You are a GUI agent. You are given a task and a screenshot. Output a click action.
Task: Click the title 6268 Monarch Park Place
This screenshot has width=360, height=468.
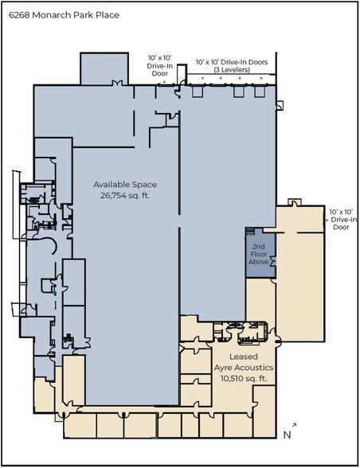pyautogui.click(x=64, y=15)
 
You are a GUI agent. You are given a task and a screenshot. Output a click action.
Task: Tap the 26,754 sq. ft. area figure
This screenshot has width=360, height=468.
pyautogui.click(x=125, y=196)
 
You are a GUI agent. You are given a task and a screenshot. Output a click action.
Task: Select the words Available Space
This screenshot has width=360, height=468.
pyautogui.click(x=125, y=185)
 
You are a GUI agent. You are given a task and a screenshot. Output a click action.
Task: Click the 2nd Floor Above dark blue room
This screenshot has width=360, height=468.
pyautogui.click(x=260, y=254)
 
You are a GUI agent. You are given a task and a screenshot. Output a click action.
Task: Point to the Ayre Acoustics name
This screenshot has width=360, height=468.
pyautogui.click(x=244, y=368)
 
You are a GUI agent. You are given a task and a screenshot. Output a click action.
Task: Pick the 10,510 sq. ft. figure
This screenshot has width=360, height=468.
pyautogui.click(x=244, y=378)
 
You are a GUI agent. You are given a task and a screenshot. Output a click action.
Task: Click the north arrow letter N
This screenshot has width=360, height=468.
pyautogui.click(x=287, y=435)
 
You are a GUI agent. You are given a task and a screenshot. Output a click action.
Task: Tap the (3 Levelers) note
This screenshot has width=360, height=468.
pyautogui.click(x=232, y=69)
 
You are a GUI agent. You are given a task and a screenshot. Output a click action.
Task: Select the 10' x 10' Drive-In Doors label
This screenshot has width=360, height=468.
pyautogui.click(x=232, y=62)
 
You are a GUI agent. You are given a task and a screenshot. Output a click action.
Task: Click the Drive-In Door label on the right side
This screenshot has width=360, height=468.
pyautogui.click(x=341, y=220)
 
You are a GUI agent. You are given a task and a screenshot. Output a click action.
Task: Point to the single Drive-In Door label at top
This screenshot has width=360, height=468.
pyautogui.click(x=160, y=65)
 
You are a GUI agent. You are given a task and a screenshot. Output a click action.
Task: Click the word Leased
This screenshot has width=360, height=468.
pyautogui.click(x=244, y=357)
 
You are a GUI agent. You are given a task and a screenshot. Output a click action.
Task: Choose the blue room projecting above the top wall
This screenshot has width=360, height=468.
pyautogui.click(x=104, y=69)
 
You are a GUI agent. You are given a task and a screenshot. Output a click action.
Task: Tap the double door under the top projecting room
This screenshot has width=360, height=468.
pyautogui.click(x=117, y=83)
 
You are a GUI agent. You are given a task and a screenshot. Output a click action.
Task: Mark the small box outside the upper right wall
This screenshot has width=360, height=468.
pyautogui.click(x=280, y=105)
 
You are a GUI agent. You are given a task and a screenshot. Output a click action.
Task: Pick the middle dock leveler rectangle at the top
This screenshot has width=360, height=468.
pyautogui.click(x=238, y=92)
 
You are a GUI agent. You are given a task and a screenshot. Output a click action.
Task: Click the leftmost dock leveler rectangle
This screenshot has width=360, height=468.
pyautogui.click(x=198, y=92)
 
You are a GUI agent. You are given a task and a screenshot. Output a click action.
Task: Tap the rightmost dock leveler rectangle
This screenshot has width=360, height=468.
pyautogui.click(x=260, y=92)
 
